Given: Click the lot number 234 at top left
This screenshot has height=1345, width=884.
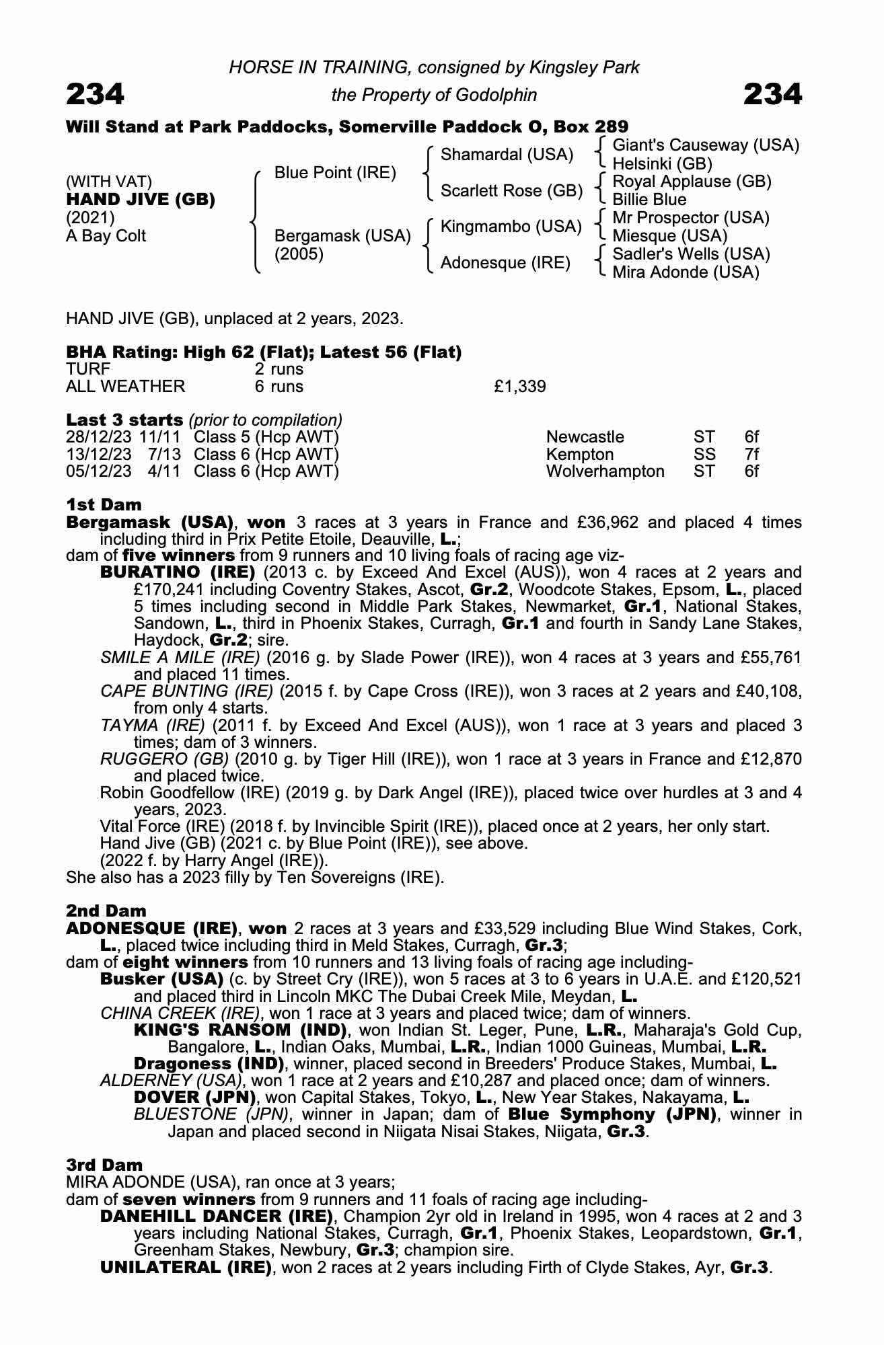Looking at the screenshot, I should click(x=95, y=94).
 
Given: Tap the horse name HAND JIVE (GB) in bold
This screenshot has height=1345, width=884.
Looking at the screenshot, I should click(x=141, y=200).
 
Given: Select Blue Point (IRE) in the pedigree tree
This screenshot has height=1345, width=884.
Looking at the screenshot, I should click(x=335, y=173).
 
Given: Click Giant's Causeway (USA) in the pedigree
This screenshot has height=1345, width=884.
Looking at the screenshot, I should click(x=706, y=145).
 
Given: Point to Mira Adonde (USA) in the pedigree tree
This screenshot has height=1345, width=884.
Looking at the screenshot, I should click(x=686, y=272).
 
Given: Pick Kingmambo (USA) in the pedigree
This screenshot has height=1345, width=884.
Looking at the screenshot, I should click(x=511, y=227).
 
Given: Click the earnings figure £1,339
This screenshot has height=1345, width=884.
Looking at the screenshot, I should click(x=519, y=387).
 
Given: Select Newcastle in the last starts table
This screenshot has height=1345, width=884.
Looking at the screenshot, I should click(x=585, y=437).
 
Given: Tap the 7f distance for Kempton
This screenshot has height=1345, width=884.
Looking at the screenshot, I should click(x=751, y=454).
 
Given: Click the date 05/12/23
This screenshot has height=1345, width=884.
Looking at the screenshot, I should click(x=99, y=471).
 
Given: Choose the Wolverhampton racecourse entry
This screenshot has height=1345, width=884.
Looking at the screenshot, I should click(x=605, y=471).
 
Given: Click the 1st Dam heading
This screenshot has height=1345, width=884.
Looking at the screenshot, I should click(x=104, y=504).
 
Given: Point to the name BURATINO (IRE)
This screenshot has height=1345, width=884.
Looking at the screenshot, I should click(x=178, y=572).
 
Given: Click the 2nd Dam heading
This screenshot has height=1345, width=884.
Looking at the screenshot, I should click(x=106, y=911).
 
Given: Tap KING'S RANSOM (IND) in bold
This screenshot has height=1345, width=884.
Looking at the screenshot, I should click(x=240, y=1030).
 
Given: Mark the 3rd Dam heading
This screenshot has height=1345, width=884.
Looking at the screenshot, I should click(x=104, y=1165).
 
